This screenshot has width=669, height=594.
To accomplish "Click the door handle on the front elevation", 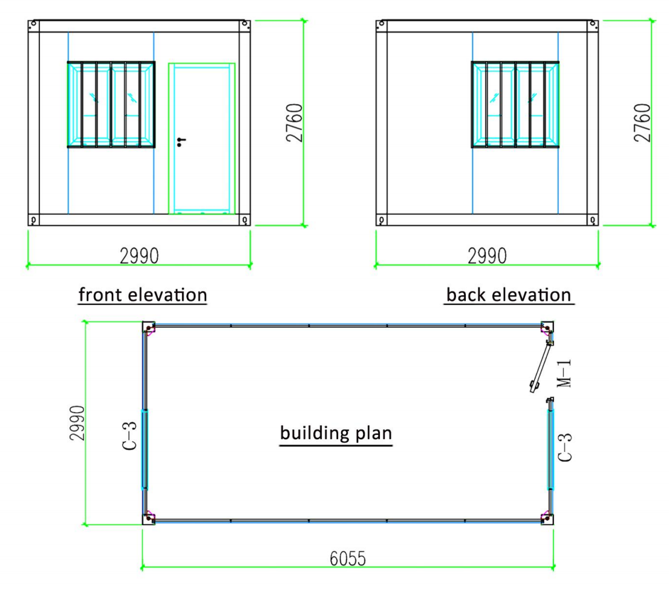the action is tap(181, 142).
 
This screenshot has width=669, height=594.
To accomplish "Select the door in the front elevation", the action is tap(202, 139).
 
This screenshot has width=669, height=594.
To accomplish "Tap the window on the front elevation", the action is tap(111, 105).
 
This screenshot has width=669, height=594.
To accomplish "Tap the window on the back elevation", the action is tap(515, 105).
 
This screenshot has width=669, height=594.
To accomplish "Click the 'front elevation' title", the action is tap(143, 295).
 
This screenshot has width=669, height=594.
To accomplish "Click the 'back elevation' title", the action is tap(509, 295).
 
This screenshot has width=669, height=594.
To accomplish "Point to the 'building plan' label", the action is tap(336, 432).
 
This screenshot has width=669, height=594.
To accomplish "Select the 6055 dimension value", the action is tap(348, 558).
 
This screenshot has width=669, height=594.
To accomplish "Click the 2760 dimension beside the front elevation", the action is tap(295, 122).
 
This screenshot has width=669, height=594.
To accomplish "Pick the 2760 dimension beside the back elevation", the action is tap(642, 122).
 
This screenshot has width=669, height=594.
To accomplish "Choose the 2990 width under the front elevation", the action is tap(139, 256).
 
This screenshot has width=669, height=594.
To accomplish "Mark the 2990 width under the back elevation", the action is tap(488, 256).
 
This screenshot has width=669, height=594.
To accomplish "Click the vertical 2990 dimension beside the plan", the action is tap(77, 423).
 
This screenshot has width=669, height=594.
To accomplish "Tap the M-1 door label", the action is tap(564, 373).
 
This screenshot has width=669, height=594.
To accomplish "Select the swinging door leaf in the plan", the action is tap(541, 366).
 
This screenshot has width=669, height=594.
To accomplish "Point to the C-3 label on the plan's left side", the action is tap(129, 436).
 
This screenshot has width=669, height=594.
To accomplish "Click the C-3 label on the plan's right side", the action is tap(565, 447).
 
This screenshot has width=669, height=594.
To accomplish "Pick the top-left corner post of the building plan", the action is tap(148, 327).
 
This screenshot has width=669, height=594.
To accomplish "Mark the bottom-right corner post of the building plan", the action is tap(547, 519).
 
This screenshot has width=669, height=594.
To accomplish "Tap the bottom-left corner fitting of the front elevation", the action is tap(33, 220).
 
